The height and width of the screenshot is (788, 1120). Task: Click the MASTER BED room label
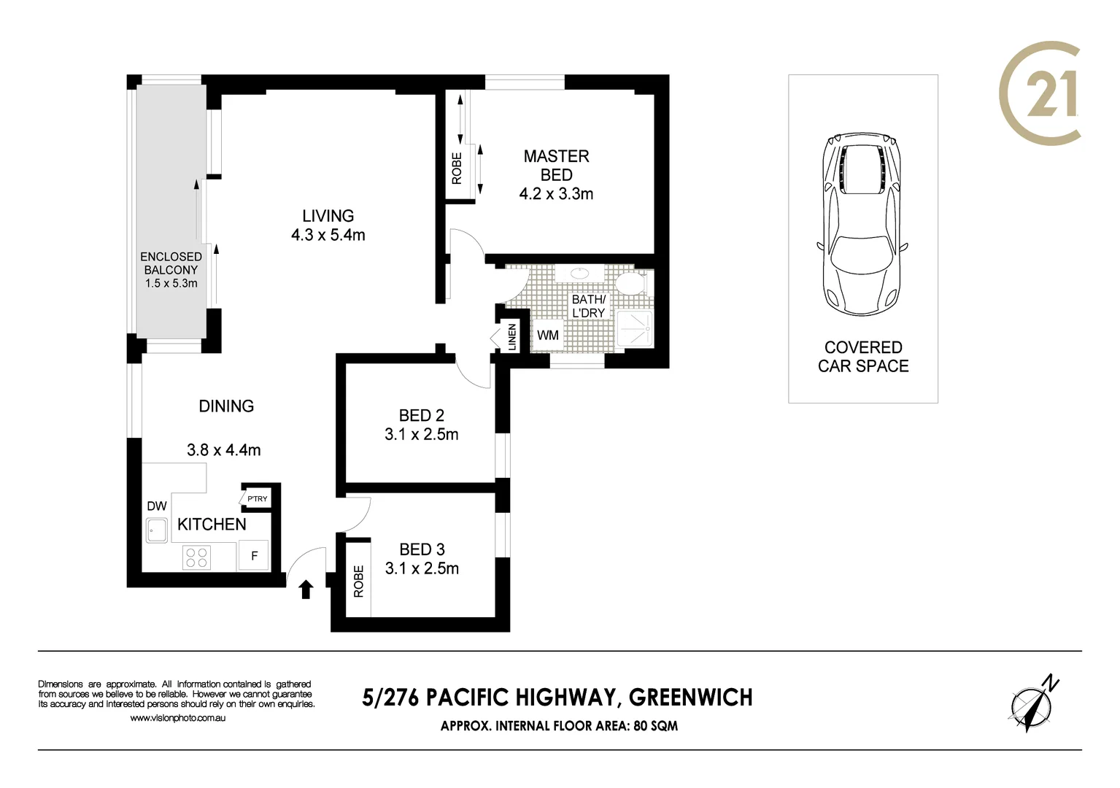coord(556,166)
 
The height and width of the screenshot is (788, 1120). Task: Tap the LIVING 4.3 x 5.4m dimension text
coord(328,235)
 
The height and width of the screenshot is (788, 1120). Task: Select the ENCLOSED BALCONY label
coord(171,263)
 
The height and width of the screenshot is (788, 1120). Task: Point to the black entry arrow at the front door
coord(306,589)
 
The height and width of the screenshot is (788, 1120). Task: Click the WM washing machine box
coord(547,335)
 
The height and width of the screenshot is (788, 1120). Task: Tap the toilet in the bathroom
coord(630,282)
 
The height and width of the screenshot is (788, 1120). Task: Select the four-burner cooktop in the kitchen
coord(197,558)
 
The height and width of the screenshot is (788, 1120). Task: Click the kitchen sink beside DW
coord(157,530)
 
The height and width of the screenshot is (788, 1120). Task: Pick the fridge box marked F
coord(255,556)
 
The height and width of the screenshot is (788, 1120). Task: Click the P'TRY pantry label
coord(257,499)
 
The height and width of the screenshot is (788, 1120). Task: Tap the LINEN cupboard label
coord(511,337)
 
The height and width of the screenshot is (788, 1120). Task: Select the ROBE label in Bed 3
coord(358,582)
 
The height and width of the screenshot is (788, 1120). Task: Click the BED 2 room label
coord(421,416)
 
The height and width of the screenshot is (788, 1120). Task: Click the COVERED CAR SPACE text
coord(863,357)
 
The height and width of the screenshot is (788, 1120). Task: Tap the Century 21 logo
coord(1039,93)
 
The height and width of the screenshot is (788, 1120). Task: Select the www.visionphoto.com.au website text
coord(177,719)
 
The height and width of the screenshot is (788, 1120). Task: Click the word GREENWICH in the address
coord(690,698)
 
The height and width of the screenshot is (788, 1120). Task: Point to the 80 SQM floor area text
coord(654,726)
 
